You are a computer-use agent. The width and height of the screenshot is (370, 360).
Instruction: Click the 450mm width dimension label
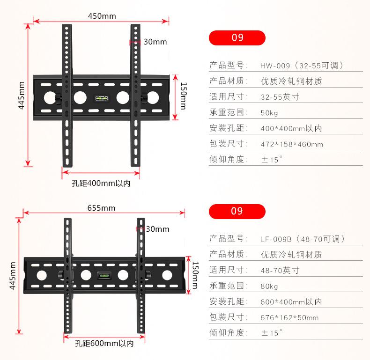click(x=102, y=16)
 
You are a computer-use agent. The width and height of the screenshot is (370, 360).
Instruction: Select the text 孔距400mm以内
click(x=101, y=183)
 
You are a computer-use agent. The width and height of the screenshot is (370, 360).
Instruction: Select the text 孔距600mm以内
click(x=104, y=344)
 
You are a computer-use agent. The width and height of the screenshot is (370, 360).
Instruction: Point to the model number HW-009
click(x=276, y=66)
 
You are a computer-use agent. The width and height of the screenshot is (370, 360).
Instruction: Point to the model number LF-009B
click(x=276, y=239)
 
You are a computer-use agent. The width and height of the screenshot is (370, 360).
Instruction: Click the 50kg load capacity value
click(x=269, y=113)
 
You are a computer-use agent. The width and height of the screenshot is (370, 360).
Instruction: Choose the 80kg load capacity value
click(x=269, y=286)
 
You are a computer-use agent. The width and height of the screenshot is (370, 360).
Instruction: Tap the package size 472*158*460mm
click(x=291, y=144)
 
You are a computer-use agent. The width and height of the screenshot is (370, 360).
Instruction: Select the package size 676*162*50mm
click(x=289, y=317)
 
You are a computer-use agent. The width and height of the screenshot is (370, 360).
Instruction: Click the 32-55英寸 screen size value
click(x=280, y=97)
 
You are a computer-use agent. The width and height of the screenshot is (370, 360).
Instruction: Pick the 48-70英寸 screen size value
click(x=280, y=270)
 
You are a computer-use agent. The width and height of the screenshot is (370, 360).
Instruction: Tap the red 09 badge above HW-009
click(x=237, y=37)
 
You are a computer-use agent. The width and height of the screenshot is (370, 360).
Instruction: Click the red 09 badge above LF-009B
click(x=237, y=211)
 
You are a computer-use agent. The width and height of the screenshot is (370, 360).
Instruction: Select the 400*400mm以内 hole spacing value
click(x=291, y=128)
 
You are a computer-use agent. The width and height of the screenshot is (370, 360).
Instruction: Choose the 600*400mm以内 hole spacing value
click(x=291, y=302)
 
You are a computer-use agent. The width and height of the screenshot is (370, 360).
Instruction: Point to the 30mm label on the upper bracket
click(x=155, y=42)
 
